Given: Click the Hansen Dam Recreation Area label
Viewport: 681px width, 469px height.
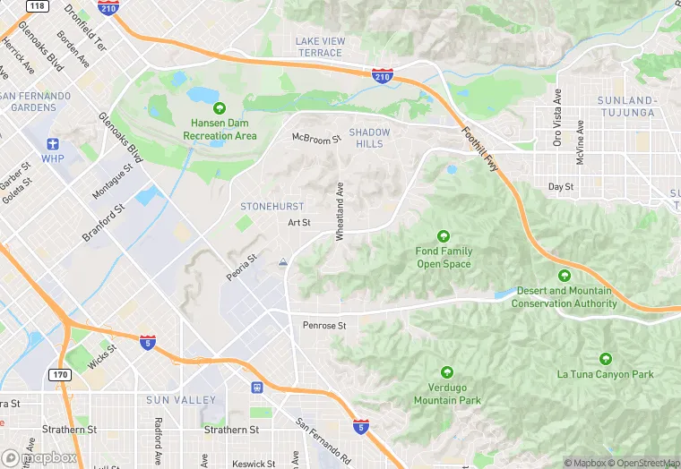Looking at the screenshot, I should coord(220,130).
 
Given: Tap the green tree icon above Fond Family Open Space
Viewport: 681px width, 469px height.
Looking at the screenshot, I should coord(444,236).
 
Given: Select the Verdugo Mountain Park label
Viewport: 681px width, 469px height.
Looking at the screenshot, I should coord(447,394).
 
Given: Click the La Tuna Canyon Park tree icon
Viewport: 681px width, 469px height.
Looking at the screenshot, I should coord(606,358).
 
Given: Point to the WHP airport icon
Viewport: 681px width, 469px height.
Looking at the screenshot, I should coord(53,144).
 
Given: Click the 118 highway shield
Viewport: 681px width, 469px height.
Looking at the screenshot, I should coord(37,5).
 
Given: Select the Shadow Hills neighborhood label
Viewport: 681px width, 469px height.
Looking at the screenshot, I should coord(370,139).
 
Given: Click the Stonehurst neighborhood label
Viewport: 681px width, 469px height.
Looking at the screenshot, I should coord(272,206).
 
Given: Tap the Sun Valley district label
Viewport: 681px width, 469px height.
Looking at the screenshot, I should coord(181,399).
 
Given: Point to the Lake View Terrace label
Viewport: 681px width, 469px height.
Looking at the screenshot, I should coord(319,47).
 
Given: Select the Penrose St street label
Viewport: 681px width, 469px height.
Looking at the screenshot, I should coord(324,326).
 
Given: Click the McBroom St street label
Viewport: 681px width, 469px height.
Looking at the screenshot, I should coord(317,139).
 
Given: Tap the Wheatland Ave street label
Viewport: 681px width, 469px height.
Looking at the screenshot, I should coord(340,212).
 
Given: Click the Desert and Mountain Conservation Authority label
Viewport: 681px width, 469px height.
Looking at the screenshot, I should coord(564,297).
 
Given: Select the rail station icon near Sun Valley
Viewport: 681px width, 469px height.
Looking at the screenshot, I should coord(257,388).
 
